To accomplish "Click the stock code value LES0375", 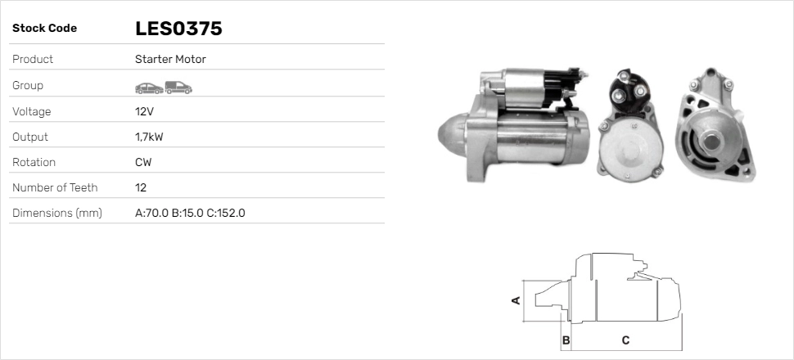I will tap(178, 29).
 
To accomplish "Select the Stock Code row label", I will tap(44, 29).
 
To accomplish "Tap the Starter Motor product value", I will tap(170, 60).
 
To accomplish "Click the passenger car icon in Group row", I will tap(148, 87).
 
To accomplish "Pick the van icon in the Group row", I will tap(178, 87).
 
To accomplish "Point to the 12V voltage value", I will tap(144, 111).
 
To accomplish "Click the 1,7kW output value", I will tap(149, 137).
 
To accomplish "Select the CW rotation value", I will tap(143, 162).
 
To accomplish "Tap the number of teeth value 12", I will tap(141, 187).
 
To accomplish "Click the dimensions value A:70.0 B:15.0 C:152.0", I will tap(190, 213).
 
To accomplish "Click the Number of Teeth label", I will tap(55, 187).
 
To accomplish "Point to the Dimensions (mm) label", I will tap(56, 213).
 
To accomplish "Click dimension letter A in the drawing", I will tap(516, 300).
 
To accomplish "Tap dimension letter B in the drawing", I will tap(566, 340).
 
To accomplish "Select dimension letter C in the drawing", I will tap(625, 340).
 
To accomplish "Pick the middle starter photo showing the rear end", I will tap(630, 127).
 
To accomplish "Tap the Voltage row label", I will tap(32, 111).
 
